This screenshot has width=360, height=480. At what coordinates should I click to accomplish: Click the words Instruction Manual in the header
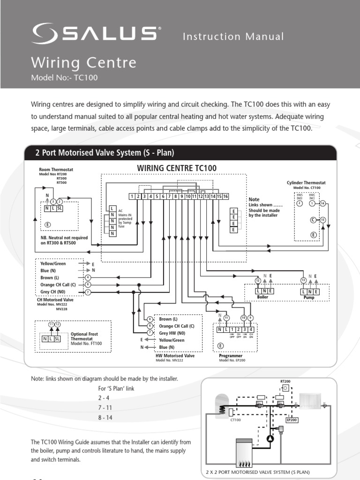[233, 37]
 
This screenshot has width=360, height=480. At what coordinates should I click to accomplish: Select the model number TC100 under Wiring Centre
[64, 78]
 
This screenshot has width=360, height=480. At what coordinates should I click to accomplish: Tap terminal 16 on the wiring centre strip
[225, 196]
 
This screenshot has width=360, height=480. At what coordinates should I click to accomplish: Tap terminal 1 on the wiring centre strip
[132, 196]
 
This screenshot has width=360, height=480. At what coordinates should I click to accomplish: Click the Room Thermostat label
[56, 169]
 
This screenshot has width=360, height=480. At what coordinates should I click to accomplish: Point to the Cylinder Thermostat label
[306, 183]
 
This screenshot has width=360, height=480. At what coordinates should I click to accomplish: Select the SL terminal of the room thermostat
[60, 208]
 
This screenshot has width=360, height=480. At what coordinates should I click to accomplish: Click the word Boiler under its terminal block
[262, 297]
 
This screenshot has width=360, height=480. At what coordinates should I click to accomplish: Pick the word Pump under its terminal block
[308, 297]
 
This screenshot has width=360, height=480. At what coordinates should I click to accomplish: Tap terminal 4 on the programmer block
[251, 330]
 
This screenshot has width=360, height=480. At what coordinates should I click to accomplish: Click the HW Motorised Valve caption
[175, 355]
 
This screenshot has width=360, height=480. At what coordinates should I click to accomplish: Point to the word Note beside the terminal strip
[254, 200]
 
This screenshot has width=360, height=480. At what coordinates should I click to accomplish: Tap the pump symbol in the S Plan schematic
[270, 438]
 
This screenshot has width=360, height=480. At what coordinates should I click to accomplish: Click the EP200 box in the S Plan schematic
[292, 420]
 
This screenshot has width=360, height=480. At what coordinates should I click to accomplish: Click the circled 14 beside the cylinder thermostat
[322, 203]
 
